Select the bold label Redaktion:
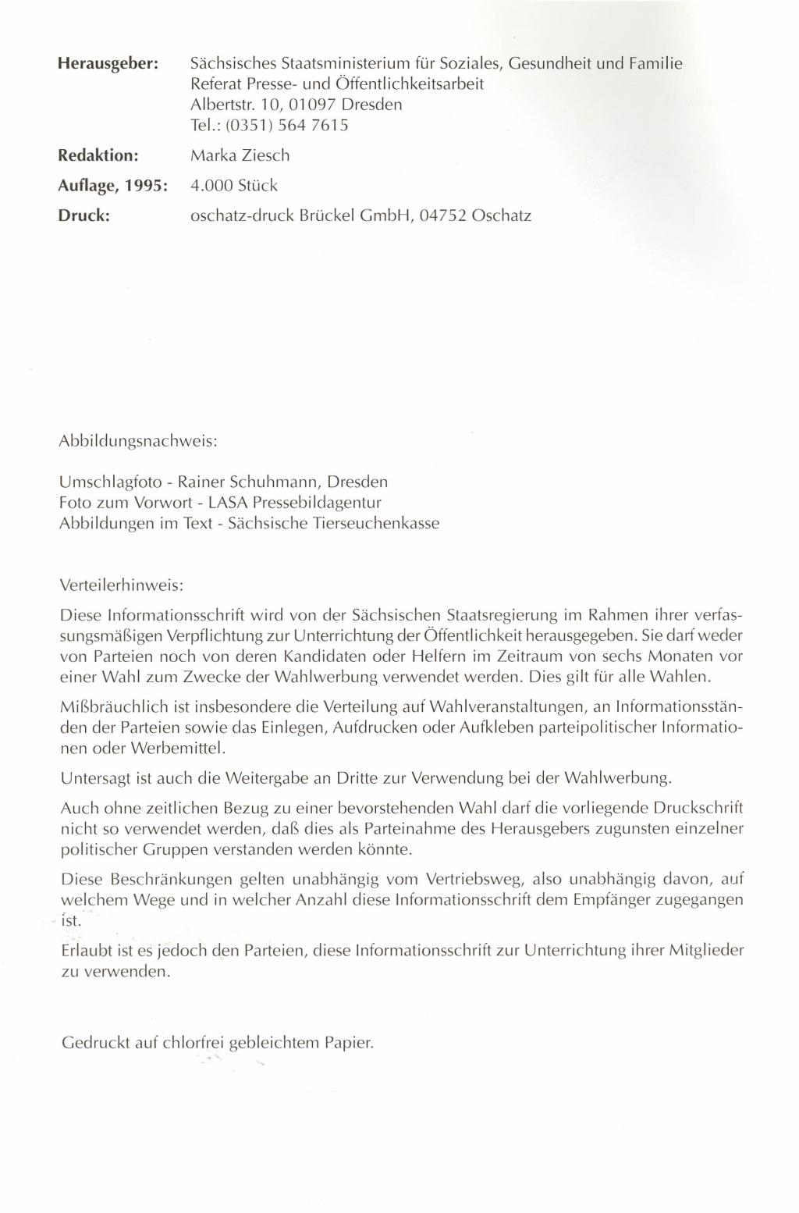(99, 156)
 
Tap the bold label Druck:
(84, 215)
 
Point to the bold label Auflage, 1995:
(114, 187)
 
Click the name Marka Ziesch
(240, 156)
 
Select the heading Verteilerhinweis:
(121, 584)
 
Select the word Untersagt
(93, 778)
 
